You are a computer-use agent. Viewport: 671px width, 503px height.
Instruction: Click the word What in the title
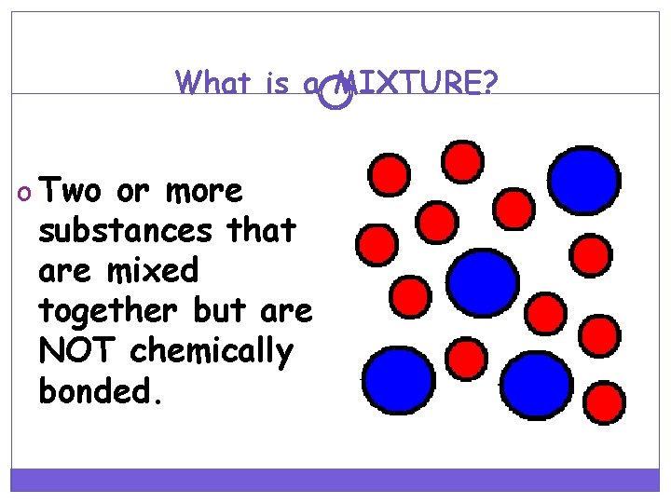click(x=212, y=84)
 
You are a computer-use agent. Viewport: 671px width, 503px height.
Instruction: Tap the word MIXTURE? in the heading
click(x=417, y=84)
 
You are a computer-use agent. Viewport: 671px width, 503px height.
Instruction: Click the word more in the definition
click(x=203, y=191)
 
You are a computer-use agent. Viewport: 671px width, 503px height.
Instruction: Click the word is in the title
click(x=277, y=84)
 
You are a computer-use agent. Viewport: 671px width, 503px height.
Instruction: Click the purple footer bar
click(x=335, y=479)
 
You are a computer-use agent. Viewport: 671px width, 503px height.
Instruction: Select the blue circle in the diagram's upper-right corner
click(x=584, y=181)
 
